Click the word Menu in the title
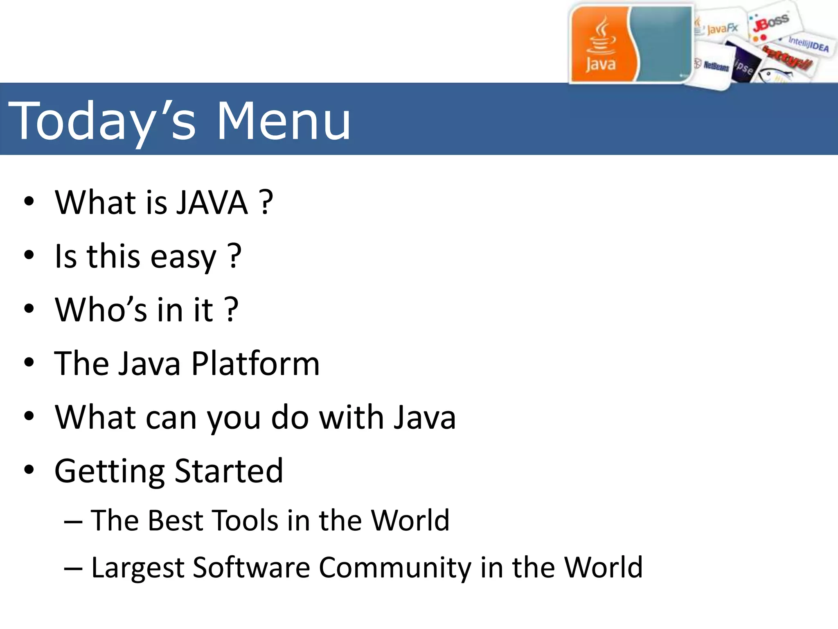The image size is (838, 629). pyautogui.click(x=283, y=121)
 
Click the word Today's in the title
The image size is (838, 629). pyautogui.click(x=102, y=121)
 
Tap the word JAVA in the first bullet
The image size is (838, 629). pyautogui.click(x=212, y=202)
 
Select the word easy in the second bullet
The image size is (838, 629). pyautogui.click(x=183, y=257)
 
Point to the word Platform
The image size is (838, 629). pyautogui.click(x=255, y=364)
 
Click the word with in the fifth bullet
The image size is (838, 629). pyautogui.click(x=351, y=418)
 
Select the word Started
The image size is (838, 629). pyautogui.click(x=229, y=471)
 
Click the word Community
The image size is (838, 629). pyautogui.click(x=395, y=568)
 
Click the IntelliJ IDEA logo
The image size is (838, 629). pyautogui.click(x=808, y=44)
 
